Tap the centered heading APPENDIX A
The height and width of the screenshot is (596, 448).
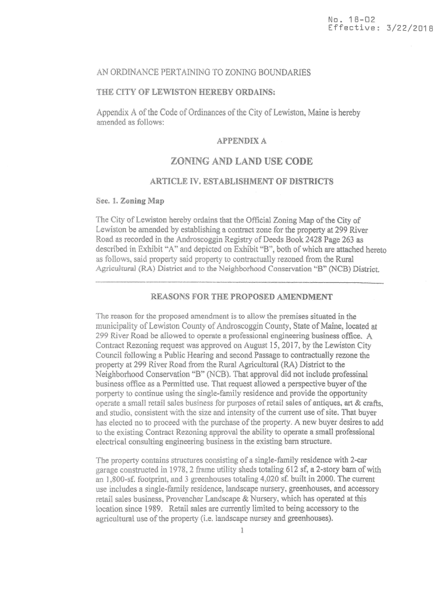click(239, 141)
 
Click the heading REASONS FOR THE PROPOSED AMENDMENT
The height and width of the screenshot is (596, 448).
click(241, 296)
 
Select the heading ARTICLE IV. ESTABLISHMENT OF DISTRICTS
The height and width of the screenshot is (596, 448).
click(241, 182)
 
